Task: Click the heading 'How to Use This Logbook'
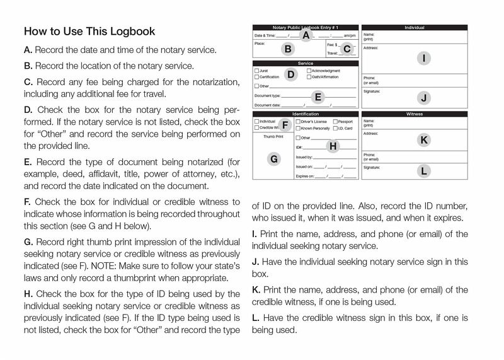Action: coord(89,31)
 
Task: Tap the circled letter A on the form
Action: coord(306,35)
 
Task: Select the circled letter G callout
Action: coord(273,160)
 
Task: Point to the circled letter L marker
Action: coord(424,170)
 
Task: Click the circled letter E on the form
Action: coord(318,97)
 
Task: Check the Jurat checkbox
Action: coord(256,71)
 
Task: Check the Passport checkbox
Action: coord(335,121)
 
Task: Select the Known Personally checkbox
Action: coord(298,128)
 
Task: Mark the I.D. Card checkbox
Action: coord(335,128)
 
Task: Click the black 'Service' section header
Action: coord(306,64)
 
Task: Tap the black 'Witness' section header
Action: coord(415,114)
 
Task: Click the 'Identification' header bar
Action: coord(306,114)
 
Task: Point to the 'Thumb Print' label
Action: coord(273,136)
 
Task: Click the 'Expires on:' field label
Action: coord(305,177)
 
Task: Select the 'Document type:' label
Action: coord(267,95)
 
